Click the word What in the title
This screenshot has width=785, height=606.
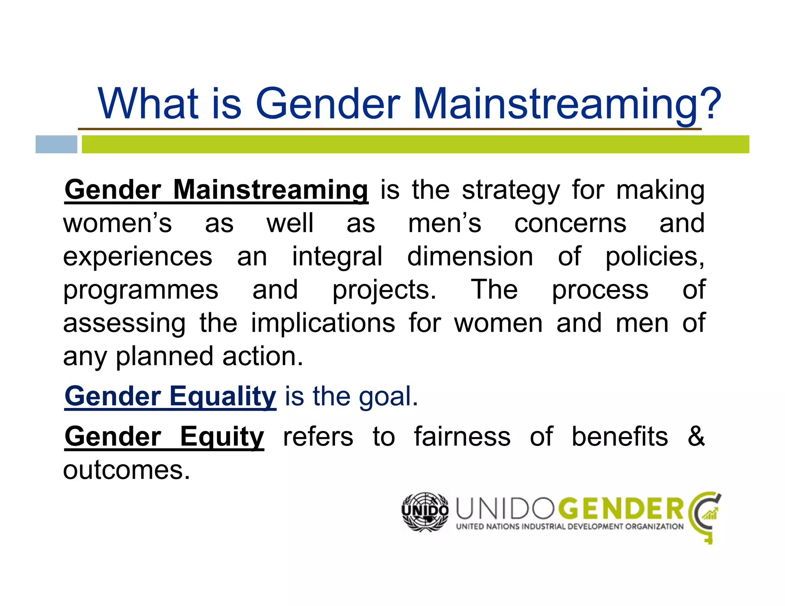tap(148, 103)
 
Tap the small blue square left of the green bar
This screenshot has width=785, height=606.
tap(56, 144)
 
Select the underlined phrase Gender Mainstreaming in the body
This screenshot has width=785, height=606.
tap(217, 190)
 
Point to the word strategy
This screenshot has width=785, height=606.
tap(511, 190)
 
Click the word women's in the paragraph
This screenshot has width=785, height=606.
tap(118, 223)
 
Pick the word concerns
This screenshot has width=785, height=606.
tap(570, 223)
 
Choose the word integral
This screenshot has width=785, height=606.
tap(337, 257)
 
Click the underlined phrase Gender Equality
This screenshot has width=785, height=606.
tap(170, 396)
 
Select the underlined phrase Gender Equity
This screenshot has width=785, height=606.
tap(164, 437)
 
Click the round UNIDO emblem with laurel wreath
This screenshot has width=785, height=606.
tap(425, 512)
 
